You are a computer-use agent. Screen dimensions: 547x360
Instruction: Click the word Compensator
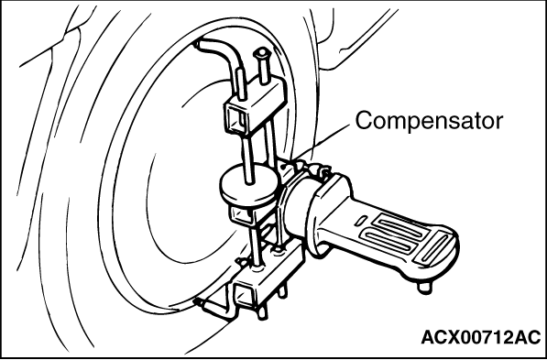tap(429, 122)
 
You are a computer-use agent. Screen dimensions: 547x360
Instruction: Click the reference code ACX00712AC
tap(481, 338)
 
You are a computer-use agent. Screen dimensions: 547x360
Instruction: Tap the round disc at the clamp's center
tap(249, 185)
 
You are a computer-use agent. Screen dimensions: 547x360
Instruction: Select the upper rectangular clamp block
tap(255, 105)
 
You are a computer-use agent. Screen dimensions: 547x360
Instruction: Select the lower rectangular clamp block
tap(268, 276)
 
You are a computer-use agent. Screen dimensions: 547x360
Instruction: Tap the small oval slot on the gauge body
tap(361, 221)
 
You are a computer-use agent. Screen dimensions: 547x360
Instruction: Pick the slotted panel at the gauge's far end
tap(435, 248)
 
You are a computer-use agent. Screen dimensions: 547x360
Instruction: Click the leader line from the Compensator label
tap(321, 143)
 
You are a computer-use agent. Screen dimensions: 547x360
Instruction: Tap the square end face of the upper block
tap(237, 119)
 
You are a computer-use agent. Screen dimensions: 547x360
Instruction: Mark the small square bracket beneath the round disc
tap(241, 216)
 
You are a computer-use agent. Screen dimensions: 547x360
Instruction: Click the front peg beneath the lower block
tap(263, 312)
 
